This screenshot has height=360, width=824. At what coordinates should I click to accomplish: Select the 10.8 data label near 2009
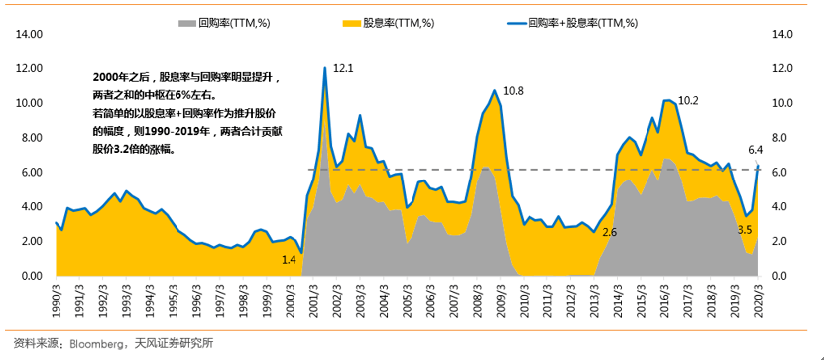pos(513,91)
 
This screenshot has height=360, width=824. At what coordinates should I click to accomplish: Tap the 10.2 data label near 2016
pos(688,100)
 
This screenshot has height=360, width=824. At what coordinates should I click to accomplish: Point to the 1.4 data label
pos(289,259)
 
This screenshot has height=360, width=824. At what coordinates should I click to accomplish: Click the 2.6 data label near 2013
pos(609,232)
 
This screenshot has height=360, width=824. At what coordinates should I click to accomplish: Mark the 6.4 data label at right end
pos(755,150)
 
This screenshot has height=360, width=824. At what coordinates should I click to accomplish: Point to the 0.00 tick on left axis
pos(32,276)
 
